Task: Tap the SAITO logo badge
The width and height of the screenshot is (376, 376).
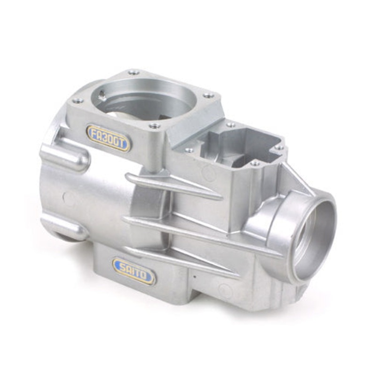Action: coord(133,271)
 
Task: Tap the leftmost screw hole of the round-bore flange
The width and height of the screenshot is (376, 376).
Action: coord(78,101)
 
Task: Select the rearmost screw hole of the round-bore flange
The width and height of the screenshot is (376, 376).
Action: coord(134,72)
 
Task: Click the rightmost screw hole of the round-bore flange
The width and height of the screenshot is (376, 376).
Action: coord(209,95)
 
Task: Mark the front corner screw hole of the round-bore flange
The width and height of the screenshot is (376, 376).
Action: coord(155,126)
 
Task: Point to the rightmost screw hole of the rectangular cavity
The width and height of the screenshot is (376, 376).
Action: coord(279,147)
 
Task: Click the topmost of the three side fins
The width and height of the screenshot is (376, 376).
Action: coord(174,184)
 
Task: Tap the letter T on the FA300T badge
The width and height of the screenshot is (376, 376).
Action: coord(123,144)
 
